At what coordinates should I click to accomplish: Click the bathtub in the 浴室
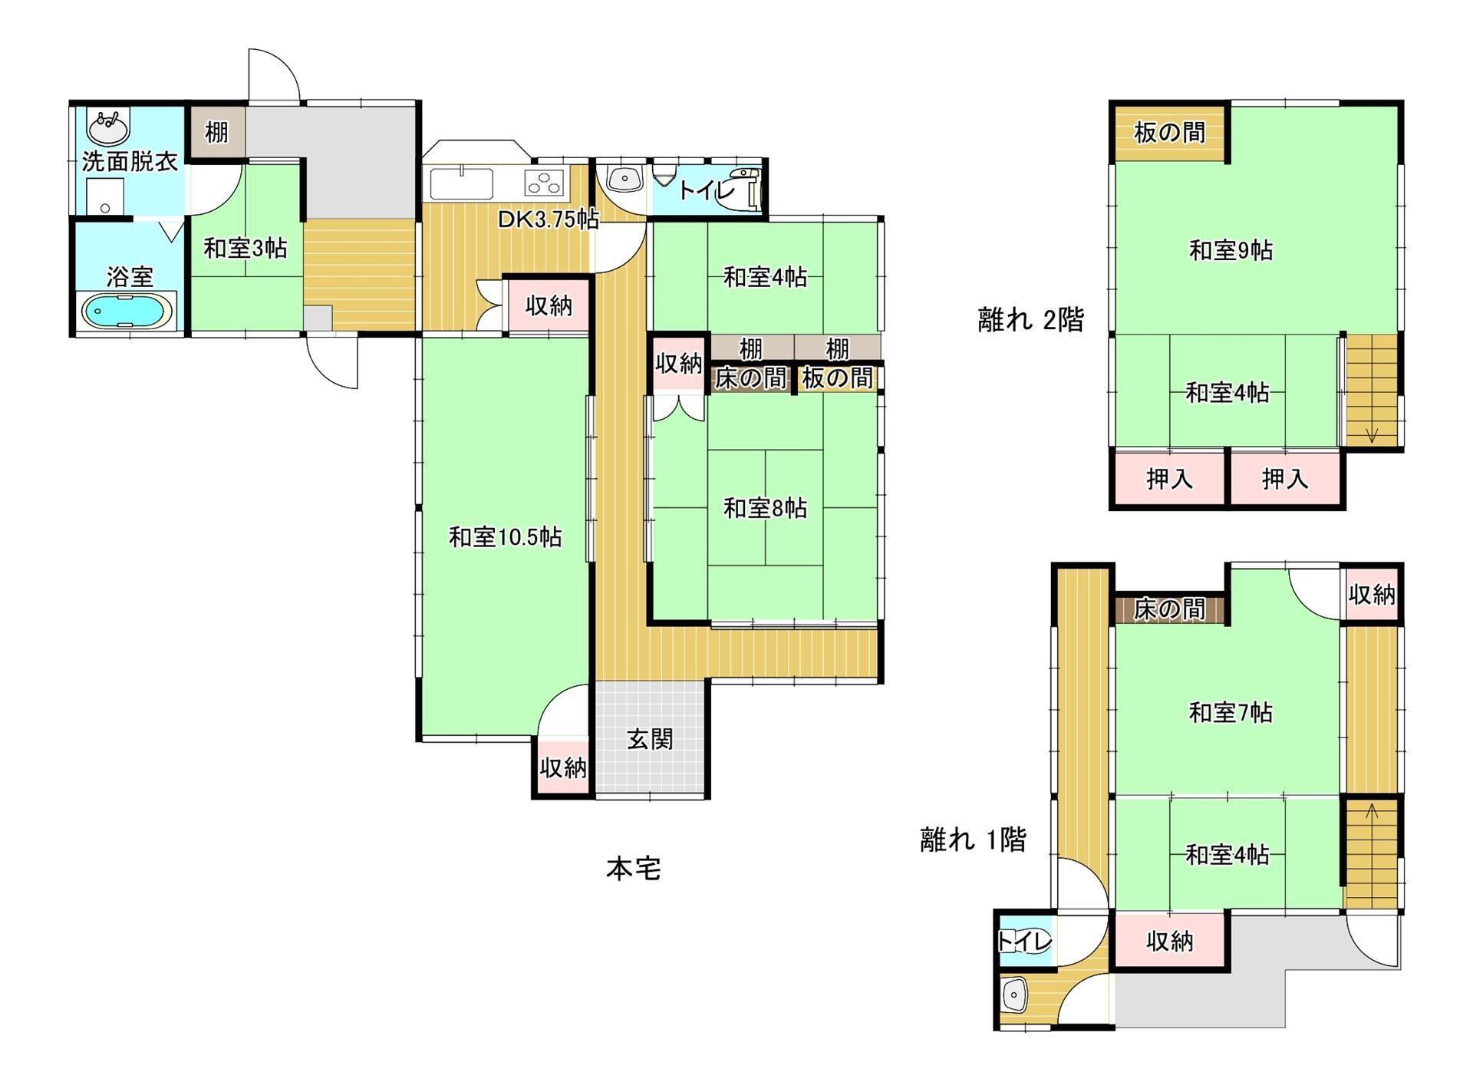128,312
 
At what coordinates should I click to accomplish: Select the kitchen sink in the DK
461,184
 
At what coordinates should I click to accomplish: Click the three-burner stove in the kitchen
544,183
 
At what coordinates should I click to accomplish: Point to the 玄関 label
650,740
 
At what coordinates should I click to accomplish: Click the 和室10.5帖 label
505,536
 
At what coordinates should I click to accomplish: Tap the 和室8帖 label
765,508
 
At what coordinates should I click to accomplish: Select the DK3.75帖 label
548,219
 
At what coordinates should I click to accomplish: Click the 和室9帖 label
1231,250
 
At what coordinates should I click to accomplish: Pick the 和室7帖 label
1230,713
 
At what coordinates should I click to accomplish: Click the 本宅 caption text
633,869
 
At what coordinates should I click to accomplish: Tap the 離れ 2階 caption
1030,319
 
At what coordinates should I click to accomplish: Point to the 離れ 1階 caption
973,840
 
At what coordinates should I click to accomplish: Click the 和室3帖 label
245,248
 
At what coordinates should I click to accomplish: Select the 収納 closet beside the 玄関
563,767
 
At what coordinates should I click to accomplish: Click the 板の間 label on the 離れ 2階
1169,133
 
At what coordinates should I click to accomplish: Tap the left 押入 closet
1168,480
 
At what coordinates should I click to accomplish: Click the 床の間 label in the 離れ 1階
1168,609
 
